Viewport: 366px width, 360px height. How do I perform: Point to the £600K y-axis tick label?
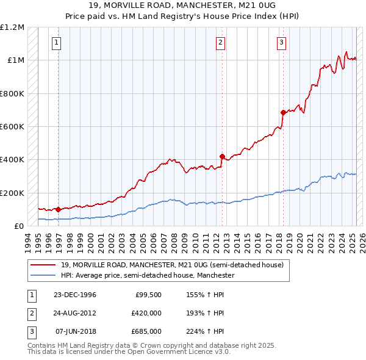12,127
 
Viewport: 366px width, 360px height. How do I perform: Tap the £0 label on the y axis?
20,226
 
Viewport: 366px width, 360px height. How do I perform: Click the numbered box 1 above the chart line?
56,43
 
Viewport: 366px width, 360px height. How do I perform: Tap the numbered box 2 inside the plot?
220,43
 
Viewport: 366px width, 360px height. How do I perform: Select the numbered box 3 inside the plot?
281,43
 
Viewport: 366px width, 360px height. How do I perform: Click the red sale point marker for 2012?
222,156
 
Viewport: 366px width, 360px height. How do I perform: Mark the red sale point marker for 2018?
283,112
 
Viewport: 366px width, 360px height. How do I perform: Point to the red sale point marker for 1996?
59,209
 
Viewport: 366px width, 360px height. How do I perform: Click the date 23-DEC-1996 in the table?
75,295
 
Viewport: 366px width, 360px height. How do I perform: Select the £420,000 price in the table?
146,313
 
